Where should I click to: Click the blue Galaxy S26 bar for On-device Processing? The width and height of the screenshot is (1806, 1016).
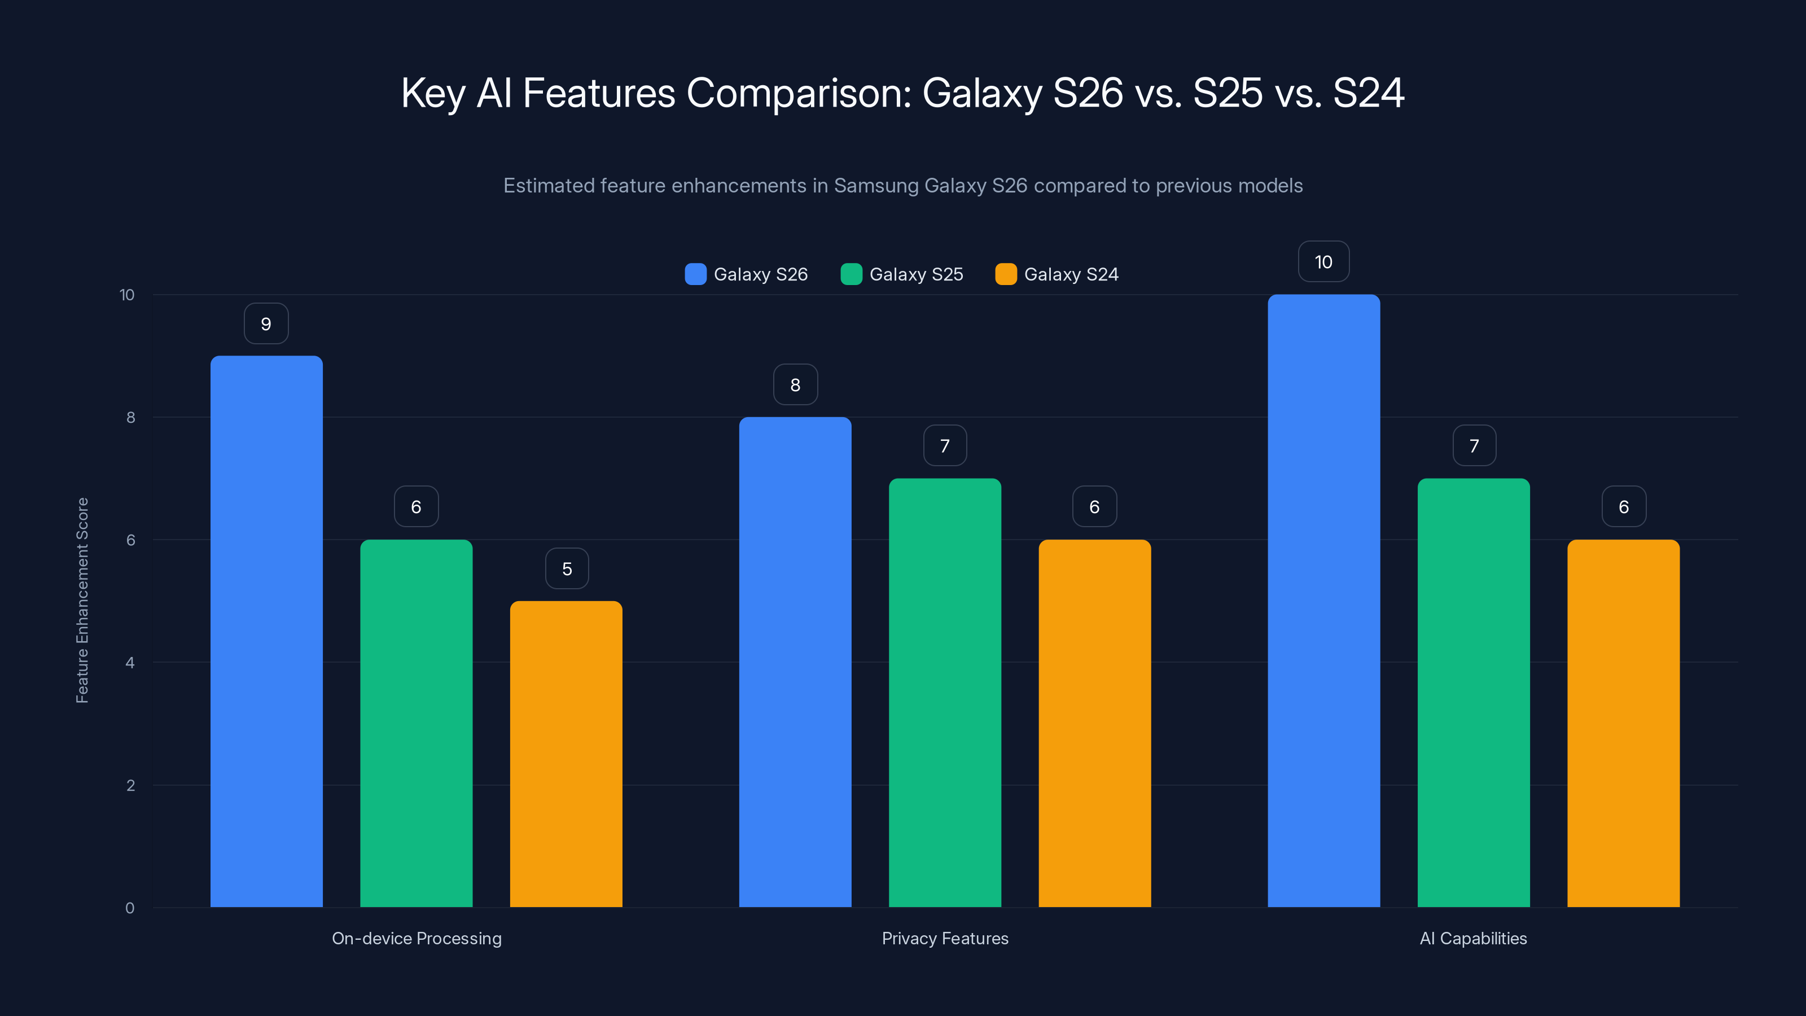266,631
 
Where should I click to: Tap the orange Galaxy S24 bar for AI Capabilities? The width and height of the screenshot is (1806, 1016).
1623,723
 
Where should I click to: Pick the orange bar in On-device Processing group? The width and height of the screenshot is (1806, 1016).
566,754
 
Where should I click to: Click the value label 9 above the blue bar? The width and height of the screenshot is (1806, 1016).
266,324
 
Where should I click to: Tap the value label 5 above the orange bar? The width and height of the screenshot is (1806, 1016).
567,568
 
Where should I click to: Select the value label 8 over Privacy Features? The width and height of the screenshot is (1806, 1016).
795,384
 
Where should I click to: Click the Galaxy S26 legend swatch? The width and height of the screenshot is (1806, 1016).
695,274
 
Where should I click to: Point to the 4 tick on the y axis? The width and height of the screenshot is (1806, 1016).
130,663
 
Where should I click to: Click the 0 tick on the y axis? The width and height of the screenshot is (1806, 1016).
130,908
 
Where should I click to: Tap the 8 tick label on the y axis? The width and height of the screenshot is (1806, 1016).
130,417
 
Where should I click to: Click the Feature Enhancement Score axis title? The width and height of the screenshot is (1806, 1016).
82,600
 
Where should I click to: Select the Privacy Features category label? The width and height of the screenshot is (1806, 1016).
944,938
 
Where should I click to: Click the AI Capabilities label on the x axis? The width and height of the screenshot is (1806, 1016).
1473,938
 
